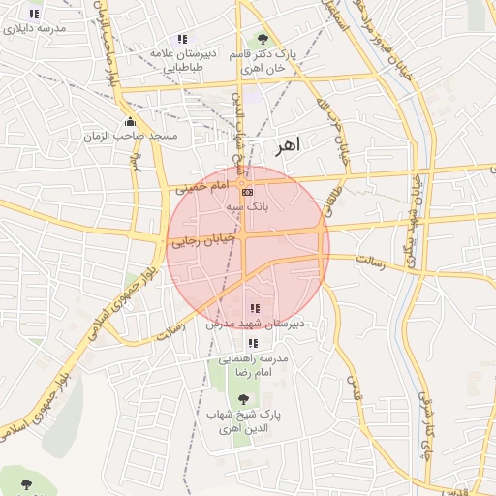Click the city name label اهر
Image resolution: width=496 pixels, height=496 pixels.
tap(289, 144)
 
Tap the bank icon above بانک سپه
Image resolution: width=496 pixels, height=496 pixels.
tap(245, 193)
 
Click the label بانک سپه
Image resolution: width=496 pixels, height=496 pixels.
tap(246, 206)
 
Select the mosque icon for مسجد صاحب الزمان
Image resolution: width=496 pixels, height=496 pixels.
tap(131, 122)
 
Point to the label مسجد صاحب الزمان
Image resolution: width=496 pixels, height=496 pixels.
tap(143, 137)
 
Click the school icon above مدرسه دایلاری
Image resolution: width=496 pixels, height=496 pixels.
tap(34, 15)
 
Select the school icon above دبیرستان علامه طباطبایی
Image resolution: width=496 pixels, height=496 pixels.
tap(182, 39)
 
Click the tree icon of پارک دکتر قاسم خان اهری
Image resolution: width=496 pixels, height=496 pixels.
tap(263, 40)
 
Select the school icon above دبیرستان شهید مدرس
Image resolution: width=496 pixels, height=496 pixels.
tap(254, 308)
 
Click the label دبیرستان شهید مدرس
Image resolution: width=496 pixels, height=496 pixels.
tap(255, 323)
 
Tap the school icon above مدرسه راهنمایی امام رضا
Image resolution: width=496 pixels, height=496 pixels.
tap(253, 343)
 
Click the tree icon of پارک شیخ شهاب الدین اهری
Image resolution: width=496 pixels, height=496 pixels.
tap(243, 398)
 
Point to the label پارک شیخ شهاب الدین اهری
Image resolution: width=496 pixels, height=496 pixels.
tap(243, 420)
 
